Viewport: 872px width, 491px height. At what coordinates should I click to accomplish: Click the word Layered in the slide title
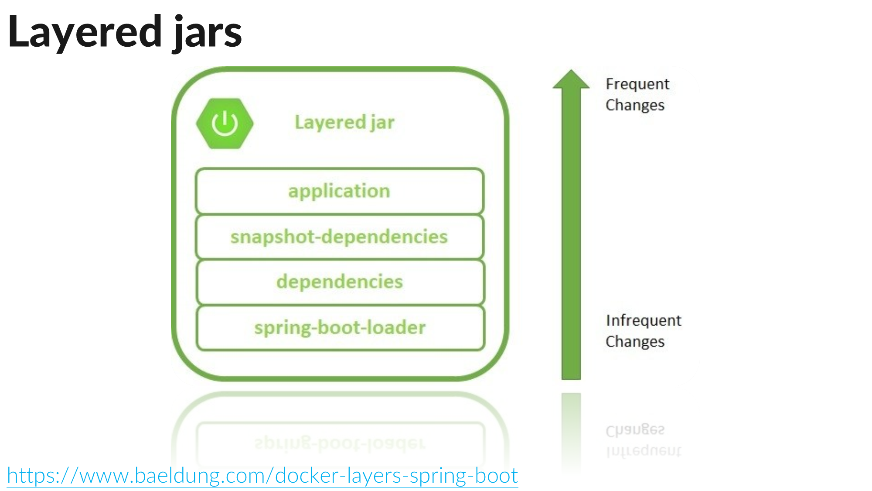85,31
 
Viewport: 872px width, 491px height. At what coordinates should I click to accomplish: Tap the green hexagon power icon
225,124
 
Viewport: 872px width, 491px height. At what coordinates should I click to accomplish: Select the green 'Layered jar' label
344,122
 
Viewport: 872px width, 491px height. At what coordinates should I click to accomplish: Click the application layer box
340,191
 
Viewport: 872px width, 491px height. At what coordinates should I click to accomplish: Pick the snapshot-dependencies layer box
340,237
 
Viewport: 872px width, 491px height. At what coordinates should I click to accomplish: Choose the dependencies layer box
340,282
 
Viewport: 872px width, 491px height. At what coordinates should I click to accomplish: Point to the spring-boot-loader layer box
340,328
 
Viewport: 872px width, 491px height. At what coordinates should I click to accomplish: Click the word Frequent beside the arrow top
637,84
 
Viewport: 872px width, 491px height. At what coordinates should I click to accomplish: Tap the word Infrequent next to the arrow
644,320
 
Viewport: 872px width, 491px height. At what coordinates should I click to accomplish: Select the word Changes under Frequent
635,105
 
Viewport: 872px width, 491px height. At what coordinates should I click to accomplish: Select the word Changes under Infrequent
635,341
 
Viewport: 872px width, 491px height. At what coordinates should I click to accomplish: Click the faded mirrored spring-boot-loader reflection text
340,443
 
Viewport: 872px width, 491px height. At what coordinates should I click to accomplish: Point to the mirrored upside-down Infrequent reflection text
644,450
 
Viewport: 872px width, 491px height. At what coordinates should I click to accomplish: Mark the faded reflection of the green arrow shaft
571,428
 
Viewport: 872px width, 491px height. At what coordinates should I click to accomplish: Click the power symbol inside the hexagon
225,124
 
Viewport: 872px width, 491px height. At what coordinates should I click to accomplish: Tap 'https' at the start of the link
31,475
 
